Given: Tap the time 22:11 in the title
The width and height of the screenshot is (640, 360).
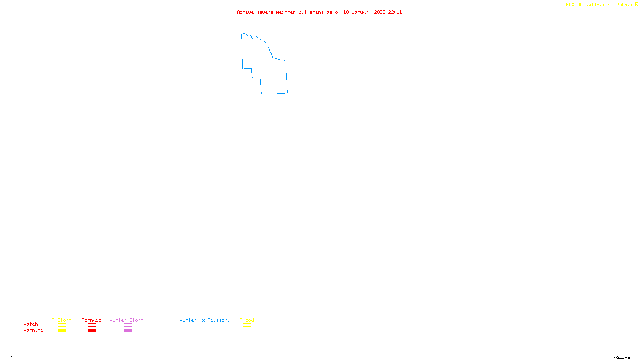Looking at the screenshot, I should pyautogui.click(x=395, y=12).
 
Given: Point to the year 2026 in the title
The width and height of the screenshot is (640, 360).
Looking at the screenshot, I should pyautogui.click(x=380, y=12).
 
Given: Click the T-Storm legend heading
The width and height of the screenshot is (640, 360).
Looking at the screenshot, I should pyautogui.click(x=62, y=320).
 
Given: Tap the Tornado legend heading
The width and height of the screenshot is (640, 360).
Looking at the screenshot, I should pyautogui.click(x=92, y=320).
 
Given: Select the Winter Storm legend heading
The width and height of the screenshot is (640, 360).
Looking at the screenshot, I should pyautogui.click(x=126, y=320).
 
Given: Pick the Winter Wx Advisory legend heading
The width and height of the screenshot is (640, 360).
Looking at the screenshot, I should pyautogui.click(x=205, y=320).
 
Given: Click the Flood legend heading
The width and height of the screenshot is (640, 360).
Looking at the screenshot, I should pyautogui.click(x=247, y=320).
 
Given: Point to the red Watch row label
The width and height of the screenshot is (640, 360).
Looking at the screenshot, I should pyautogui.click(x=31, y=324).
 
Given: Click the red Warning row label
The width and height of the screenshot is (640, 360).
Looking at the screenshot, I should pyautogui.click(x=34, y=330).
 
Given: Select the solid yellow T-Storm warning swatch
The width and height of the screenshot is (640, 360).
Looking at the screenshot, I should pyautogui.click(x=62, y=331).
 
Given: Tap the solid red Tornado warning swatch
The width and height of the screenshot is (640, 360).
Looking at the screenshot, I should pyautogui.click(x=92, y=331).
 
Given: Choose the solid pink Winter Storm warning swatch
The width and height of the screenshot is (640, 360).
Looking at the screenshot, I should pyautogui.click(x=128, y=331).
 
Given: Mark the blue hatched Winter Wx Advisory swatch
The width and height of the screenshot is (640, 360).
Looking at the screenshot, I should pyautogui.click(x=204, y=331).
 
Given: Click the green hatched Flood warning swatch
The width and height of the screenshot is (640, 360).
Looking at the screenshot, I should pyautogui.click(x=247, y=331).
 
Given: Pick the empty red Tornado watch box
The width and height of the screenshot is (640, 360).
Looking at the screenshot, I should pyautogui.click(x=92, y=325).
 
